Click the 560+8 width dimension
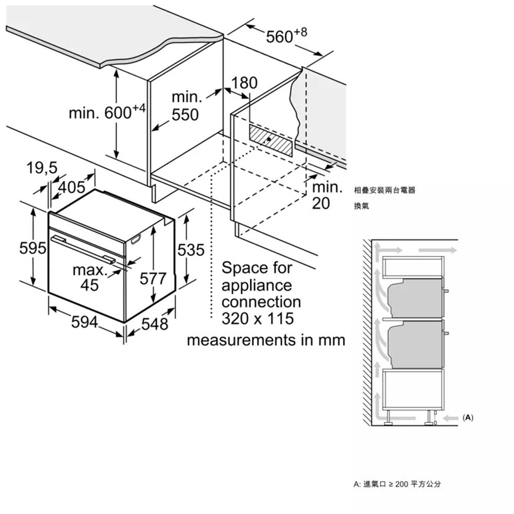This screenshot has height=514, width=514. (x=286, y=36)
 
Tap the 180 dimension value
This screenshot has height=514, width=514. (x=245, y=83)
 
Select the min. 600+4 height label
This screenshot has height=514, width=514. (x=107, y=113)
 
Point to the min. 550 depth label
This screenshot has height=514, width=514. (x=185, y=106)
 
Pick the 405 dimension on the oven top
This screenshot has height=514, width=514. (x=71, y=187)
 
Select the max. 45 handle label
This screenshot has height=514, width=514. (x=89, y=277)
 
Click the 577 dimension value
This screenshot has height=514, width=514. (x=153, y=279)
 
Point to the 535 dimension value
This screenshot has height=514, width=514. (x=191, y=250)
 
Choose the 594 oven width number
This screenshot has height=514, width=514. (x=85, y=322)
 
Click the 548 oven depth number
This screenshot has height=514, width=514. (x=154, y=324)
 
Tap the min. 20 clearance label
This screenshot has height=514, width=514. (x=327, y=195)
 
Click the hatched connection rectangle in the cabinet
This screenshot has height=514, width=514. (x=271, y=139)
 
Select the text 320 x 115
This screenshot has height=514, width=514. (x=258, y=319)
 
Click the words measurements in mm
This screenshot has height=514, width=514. (x=265, y=340)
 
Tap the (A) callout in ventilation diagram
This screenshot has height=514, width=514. (x=468, y=417)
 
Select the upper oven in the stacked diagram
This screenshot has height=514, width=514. (x=414, y=298)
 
